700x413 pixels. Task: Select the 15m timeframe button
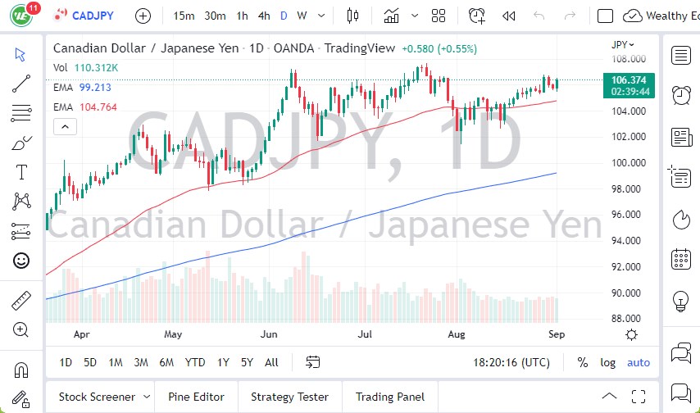tap(184, 16)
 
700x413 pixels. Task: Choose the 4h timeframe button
tap(263, 16)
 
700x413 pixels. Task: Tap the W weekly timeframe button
tap(302, 16)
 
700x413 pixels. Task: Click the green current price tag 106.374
tap(627, 79)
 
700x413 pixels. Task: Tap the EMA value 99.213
tap(96, 87)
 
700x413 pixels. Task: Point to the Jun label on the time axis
tap(269, 334)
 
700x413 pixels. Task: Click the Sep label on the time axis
tap(556, 334)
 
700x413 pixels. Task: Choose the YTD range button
tap(195, 362)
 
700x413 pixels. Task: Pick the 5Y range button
tap(247, 362)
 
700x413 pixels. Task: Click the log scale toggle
tap(607, 362)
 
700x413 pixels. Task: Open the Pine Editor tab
tap(196, 397)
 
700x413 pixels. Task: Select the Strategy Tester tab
tap(290, 397)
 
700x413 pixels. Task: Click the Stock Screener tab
tap(96, 397)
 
